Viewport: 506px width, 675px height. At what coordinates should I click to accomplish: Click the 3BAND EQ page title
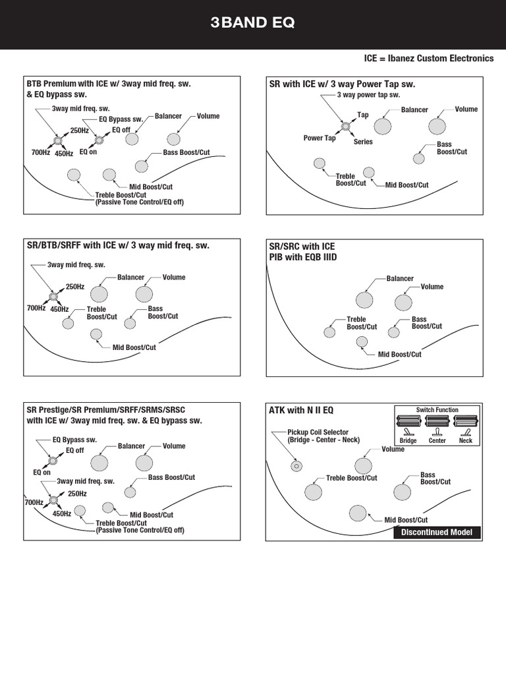(x=253, y=24)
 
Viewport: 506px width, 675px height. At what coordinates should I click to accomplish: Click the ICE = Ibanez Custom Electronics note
(x=429, y=59)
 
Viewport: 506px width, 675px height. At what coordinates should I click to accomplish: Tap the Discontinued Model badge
(x=437, y=533)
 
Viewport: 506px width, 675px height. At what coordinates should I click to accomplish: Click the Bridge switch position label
(x=408, y=440)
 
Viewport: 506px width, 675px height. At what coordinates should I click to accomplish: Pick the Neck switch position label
(x=465, y=440)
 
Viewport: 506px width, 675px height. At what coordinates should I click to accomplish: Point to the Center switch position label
(x=437, y=440)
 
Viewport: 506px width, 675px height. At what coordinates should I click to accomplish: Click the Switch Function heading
(x=437, y=410)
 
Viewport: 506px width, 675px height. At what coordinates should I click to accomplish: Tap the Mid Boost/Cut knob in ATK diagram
(x=358, y=512)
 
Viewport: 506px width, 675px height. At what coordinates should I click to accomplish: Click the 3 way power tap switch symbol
(x=345, y=126)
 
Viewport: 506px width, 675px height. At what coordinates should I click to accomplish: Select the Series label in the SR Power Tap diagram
(x=363, y=142)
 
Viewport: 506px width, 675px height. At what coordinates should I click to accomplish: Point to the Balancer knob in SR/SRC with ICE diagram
(x=364, y=300)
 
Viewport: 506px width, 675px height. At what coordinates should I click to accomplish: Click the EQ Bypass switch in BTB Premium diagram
(x=99, y=140)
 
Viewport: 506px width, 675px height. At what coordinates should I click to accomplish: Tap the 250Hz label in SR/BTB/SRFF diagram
(x=75, y=287)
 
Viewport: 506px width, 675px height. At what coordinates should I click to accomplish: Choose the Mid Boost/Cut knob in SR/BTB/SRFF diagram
(x=96, y=334)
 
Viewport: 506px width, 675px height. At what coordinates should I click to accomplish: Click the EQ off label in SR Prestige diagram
(x=75, y=450)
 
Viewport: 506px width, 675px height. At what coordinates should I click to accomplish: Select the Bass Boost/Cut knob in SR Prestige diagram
(x=130, y=492)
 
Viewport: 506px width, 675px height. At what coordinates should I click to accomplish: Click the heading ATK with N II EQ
(x=301, y=410)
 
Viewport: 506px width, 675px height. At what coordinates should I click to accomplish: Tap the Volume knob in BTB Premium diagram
(x=173, y=139)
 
